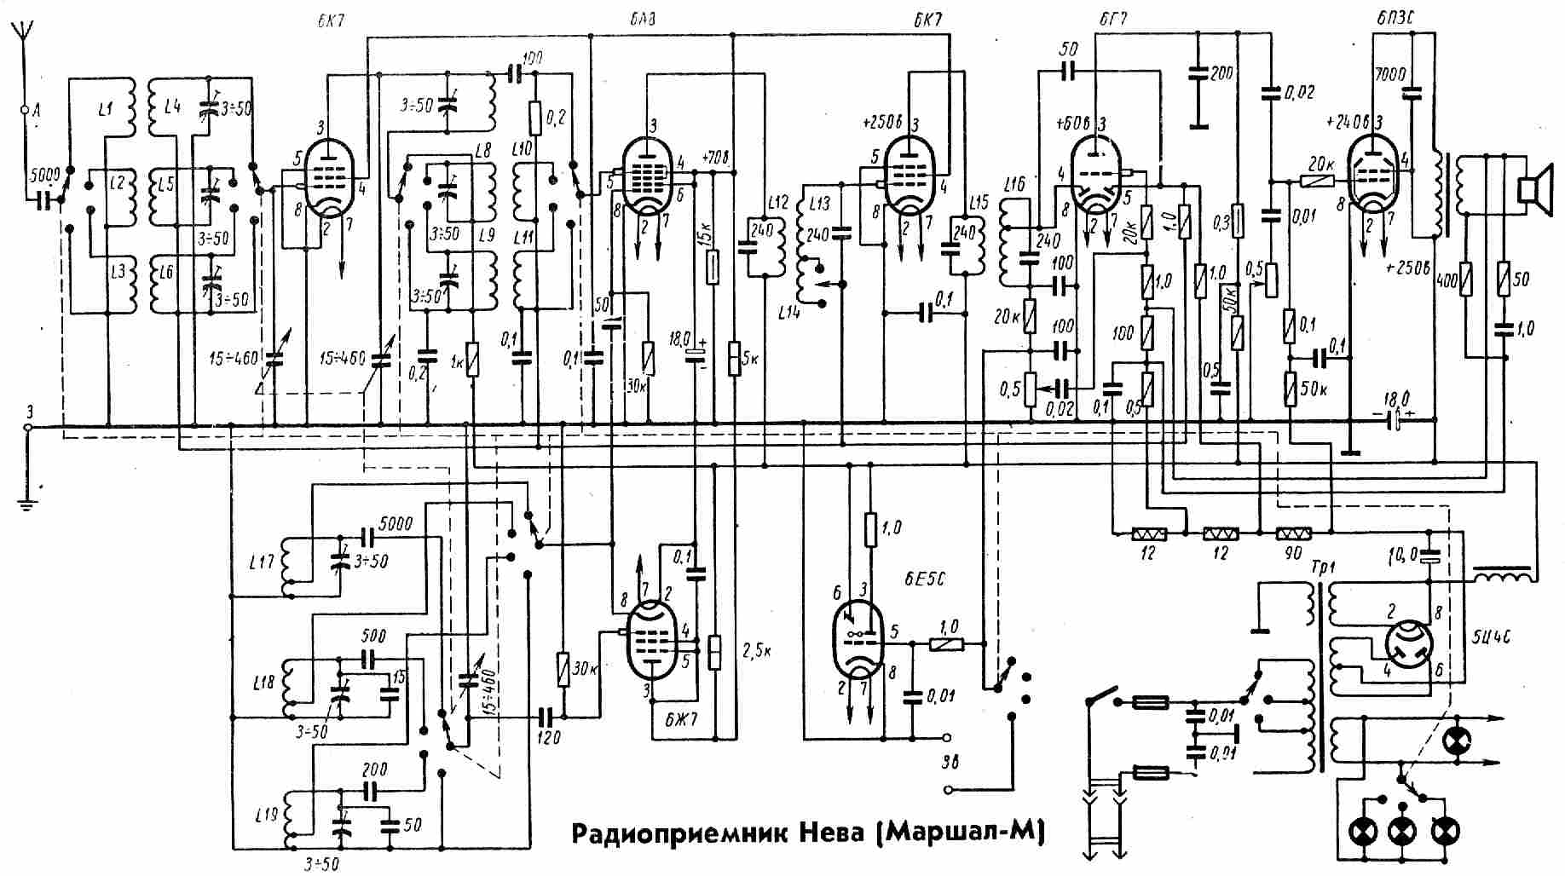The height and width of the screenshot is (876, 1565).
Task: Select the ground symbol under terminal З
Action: click(28, 503)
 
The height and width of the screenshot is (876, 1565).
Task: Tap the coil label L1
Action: click(105, 109)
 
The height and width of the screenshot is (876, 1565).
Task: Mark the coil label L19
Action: click(266, 815)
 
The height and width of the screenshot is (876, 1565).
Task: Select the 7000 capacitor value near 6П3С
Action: click(1390, 76)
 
